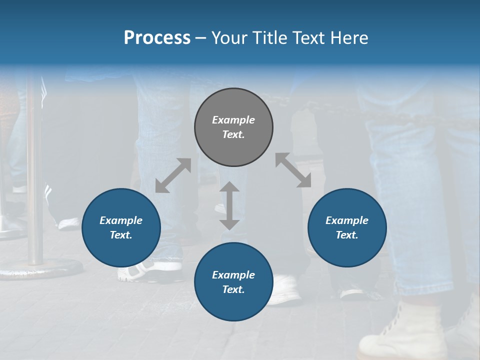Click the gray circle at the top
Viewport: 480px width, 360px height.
tap(233, 127)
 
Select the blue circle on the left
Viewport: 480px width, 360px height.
tap(121, 227)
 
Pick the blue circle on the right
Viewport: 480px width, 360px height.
tap(347, 227)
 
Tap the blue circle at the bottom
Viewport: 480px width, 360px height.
tap(233, 282)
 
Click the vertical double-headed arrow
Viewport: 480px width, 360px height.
tap(229, 205)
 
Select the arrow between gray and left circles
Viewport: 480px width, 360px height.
tap(173, 175)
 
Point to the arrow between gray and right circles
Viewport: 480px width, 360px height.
tap(293, 170)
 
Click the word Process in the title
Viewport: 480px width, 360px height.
tap(157, 38)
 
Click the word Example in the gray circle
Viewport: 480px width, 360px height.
tap(233, 120)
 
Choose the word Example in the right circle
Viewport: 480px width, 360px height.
tap(347, 220)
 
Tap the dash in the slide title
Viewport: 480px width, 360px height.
tap(201, 38)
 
